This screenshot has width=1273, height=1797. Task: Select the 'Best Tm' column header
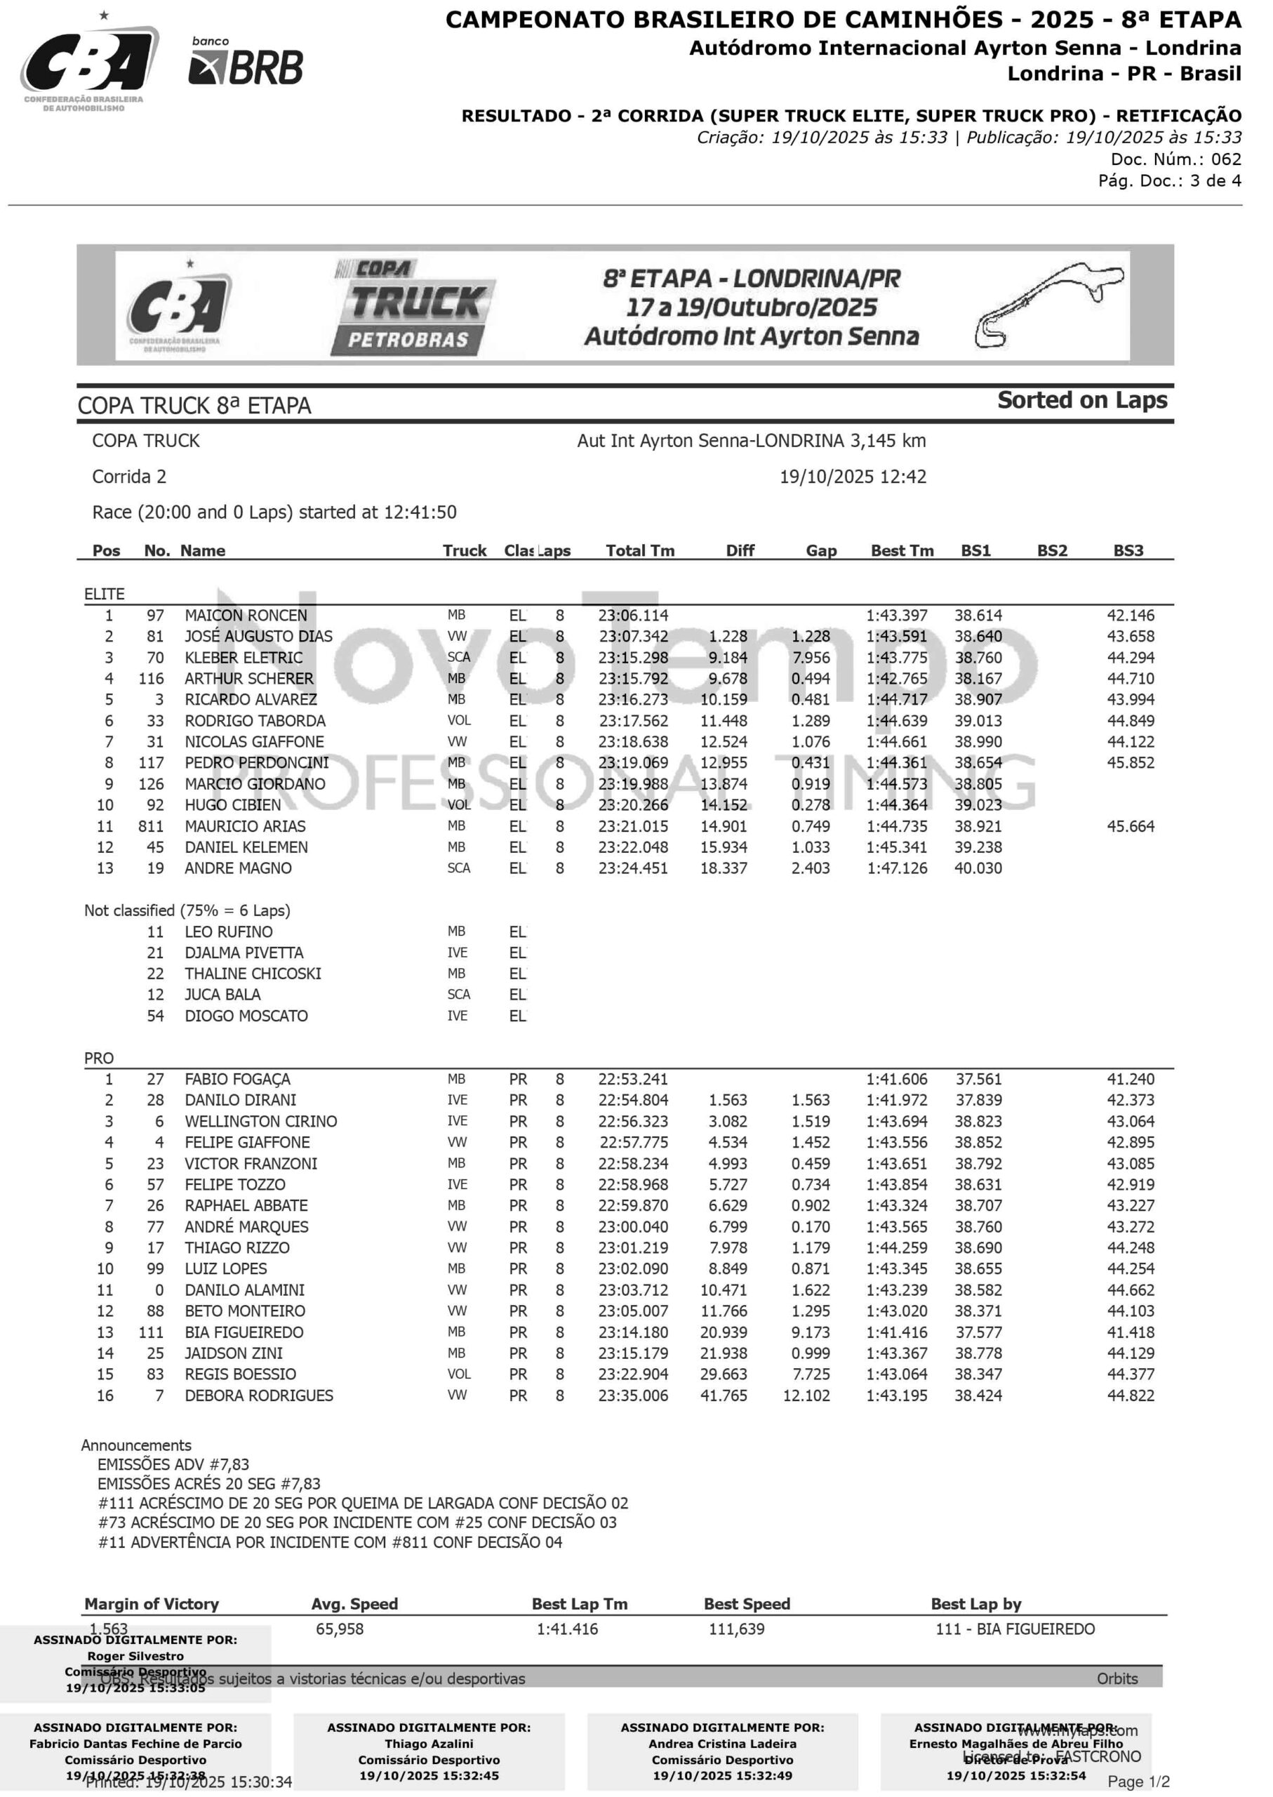point(902,550)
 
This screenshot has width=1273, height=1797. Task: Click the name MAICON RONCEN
point(246,616)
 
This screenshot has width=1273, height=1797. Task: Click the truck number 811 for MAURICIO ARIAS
point(150,826)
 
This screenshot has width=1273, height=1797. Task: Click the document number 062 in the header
point(1226,159)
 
